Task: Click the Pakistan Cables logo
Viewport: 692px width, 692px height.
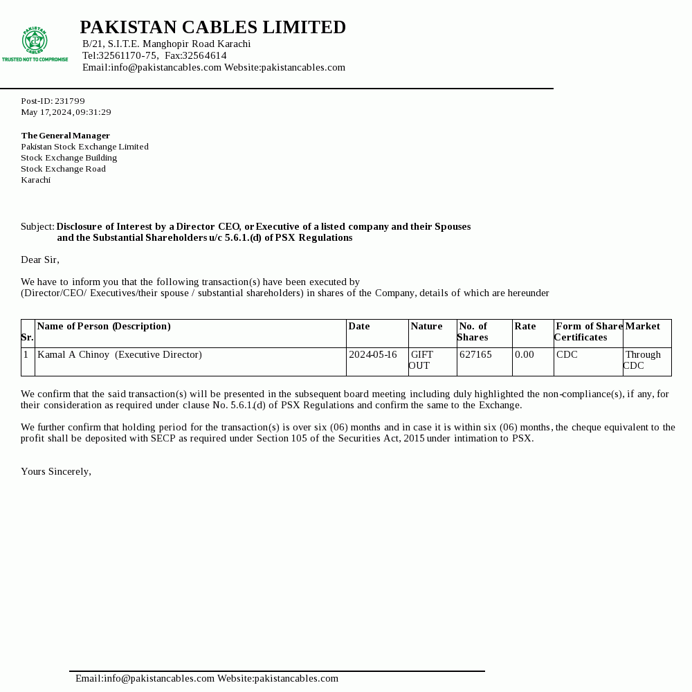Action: [35, 43]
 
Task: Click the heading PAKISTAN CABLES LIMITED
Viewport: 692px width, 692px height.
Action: [212, 28]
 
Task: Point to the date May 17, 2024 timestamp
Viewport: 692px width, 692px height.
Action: [66, 112]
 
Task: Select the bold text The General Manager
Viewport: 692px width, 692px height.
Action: [65, 136]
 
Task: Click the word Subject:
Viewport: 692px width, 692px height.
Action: [37, 226]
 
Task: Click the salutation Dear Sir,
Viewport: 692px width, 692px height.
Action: [40, 259]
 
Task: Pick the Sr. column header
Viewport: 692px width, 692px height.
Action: [27, 337]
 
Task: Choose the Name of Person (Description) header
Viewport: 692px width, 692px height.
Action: [104, 326]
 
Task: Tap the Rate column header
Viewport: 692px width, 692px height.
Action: [525, 326]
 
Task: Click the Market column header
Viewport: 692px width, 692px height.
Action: [643, 326]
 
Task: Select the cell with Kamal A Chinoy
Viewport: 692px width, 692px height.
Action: [120, 354]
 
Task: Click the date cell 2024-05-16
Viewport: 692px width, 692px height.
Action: [373, 354]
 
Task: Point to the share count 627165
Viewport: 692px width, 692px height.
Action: [475, 354]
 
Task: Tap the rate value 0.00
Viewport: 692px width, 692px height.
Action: [525, 354]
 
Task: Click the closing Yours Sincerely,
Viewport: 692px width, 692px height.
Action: [56, 471]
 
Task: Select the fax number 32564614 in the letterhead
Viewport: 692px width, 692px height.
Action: [204, 55]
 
